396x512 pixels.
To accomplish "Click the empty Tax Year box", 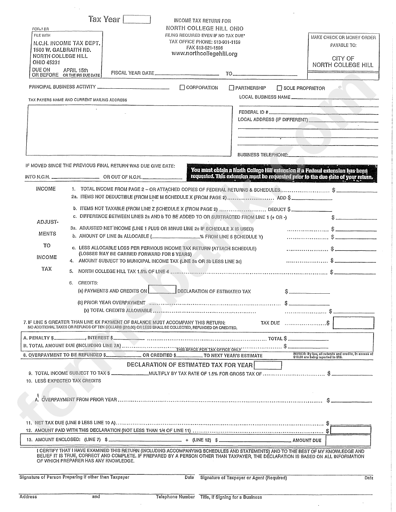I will [x=137, y=20].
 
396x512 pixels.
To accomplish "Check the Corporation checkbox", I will [x=182, y=88].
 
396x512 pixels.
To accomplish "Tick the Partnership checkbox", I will [x=231, y=88].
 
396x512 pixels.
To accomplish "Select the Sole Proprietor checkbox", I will [x=279, y=88].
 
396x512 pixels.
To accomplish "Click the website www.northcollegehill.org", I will [x=204, y=54].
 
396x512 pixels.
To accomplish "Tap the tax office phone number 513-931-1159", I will [x=227, y=42].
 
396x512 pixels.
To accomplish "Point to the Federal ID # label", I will [x=253, y=112].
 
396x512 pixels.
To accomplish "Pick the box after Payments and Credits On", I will [x=162, y=290].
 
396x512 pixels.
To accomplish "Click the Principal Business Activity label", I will [x=62, y=87].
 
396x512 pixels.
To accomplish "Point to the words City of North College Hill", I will [x=343, y=62].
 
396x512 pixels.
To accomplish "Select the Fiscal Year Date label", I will [x=133, y=73].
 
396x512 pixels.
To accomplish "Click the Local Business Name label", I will [x=265, y=97].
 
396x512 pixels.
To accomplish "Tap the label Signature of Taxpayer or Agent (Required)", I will [x=243, y=478].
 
